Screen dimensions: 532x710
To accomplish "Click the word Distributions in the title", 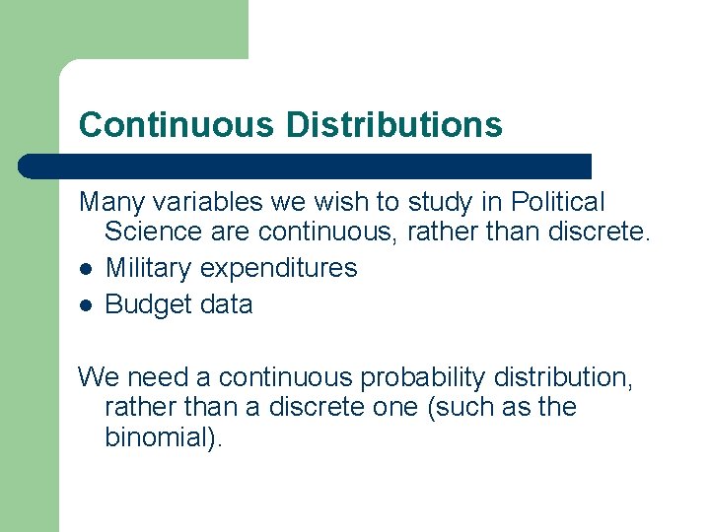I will (x=393, y=125).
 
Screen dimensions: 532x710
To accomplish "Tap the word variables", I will (x=195, y=203).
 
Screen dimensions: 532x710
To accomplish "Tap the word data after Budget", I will (x=223, y=304).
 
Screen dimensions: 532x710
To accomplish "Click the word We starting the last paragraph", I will (x=97, y=377).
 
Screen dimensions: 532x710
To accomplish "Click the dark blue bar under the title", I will (x=306, y=166).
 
